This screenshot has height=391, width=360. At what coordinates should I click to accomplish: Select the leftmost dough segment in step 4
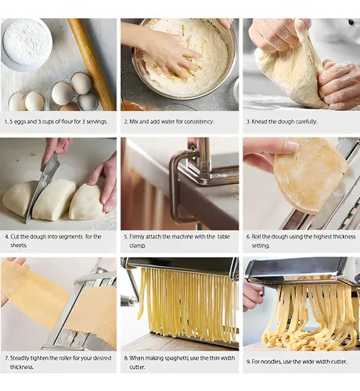point(20,198)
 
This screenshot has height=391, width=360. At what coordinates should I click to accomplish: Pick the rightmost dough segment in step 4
point(85,203)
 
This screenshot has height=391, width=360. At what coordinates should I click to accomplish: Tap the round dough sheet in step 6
point(309,174)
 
